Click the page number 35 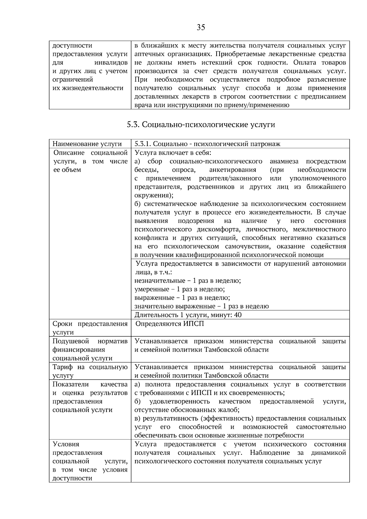click(x=201, y=28)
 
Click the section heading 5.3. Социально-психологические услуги click(x=201, y=125)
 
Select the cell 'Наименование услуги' click(x=87, y=144)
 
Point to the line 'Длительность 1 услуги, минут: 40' click(x=188, y=315)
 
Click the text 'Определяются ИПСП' click(x=169, y=324)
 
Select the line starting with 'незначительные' click(x=187, y=281)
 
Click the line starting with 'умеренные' click(x=180, y=289)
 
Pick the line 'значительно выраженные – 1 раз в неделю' click(x=202, y=306)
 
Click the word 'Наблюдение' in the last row click(x=269, y=453)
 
